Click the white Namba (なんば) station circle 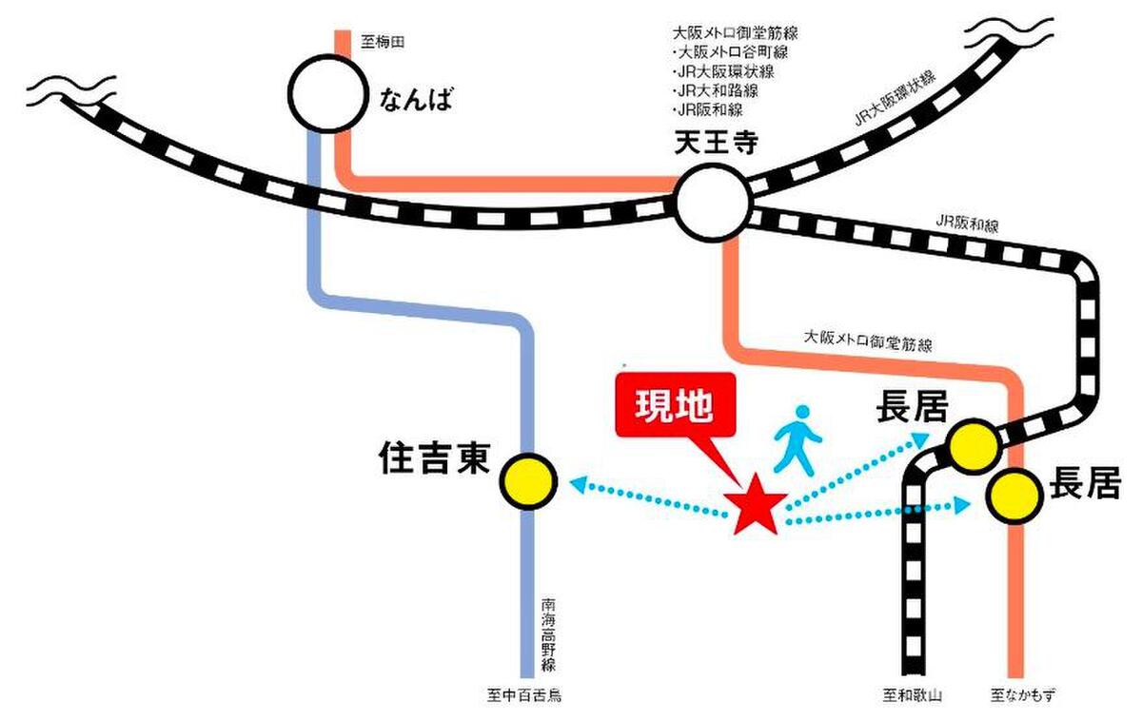click(x=327, y=93)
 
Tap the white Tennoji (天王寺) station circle click(x=713, y=203)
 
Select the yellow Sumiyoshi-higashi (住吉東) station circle click(x=529, y=481)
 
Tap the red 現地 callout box click(x=676, y=405)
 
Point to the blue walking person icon click(x=797, y=440)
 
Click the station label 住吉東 click(x=434, y=458)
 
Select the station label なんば click(x=416, y=99)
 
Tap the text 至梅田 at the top click(x=383, y=42)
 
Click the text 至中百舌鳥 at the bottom click(x=523, y=695)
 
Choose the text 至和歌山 click(x=912, y=695)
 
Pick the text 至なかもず click(x=1023, y=695)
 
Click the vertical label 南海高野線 click(x=548, y=634)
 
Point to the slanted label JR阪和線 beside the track click(x=967, y=224)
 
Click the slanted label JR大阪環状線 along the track click(x=896, y=98)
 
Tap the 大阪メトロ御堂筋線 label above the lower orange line click(x=868, y=341)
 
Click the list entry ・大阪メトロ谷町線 click(x=730, y=52)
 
